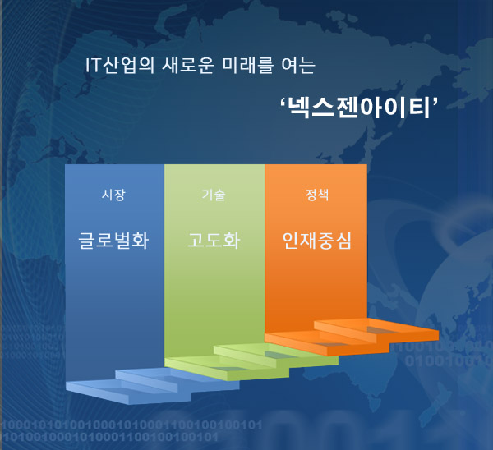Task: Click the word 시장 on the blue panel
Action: (113, 195)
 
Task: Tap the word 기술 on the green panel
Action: (214, 195)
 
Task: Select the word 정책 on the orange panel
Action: (317, 195)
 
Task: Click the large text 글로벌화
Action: (113, 241)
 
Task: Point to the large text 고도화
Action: (214, 241)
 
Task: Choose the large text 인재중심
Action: (316, 241)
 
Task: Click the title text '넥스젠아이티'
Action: (359, 108)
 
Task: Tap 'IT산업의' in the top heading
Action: (120, 66)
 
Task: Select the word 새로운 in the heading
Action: (188, 66)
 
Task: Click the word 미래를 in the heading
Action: (247, 66)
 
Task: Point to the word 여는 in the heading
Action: (298, 66)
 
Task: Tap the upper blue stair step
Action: (177, 381)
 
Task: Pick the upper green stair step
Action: (276, 356)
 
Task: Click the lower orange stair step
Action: (327, 344)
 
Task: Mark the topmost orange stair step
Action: (376, 331)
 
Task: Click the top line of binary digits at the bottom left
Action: (131, 425)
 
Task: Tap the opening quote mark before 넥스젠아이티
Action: (283, 102)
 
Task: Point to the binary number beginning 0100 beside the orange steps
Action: (449, 361)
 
